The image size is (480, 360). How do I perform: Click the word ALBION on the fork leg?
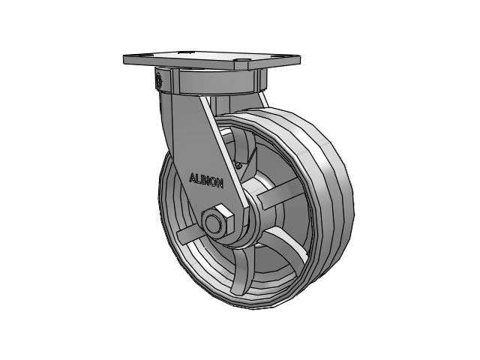pyautogui.click(x=206, y=181)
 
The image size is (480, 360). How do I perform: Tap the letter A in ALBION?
pyautogui.click(x=193, y=178)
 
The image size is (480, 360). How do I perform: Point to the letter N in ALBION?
pyautogui.click(x=220, y=183)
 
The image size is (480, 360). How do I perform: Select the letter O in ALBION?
pyautogui.click(x=213, y=182)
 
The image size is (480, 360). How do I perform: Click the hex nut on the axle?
pyautogui.click(x=217, y=222)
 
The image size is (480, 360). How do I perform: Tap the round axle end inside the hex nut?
pyautogui.click(x=212, y=223)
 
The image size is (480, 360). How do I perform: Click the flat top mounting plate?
pyautogui.click(x=211, y=60)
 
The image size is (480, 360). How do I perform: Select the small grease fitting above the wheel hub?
pyautogui.click(x=238, y=165)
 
